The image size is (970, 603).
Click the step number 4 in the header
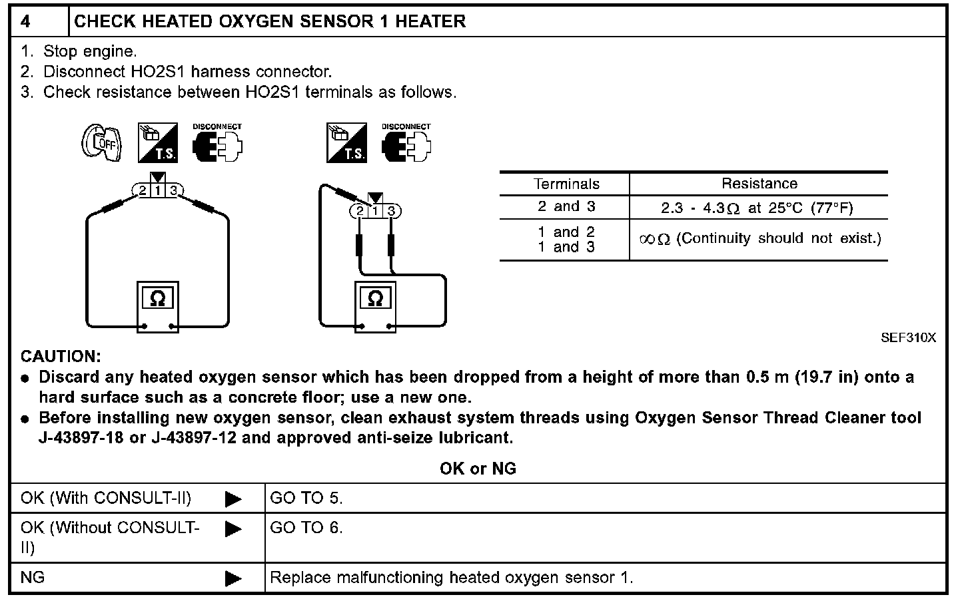point(25,21)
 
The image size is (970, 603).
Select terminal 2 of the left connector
point(142,191)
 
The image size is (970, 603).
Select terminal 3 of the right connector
point(392,212)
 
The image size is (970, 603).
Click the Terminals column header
point(566,184)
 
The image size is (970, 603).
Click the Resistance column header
point(759,184)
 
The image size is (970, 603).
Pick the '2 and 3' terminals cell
point(566,207)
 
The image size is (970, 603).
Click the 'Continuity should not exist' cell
point(759,238)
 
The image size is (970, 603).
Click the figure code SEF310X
point(908,337)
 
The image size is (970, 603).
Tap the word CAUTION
point(61,357)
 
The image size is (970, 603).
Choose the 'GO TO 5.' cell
point(306,498)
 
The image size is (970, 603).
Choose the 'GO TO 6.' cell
point(306,528)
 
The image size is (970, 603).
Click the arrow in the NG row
point(233,578)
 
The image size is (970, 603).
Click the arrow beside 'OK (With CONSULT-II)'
point(233,499)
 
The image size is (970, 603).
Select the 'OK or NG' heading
point(478,469)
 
